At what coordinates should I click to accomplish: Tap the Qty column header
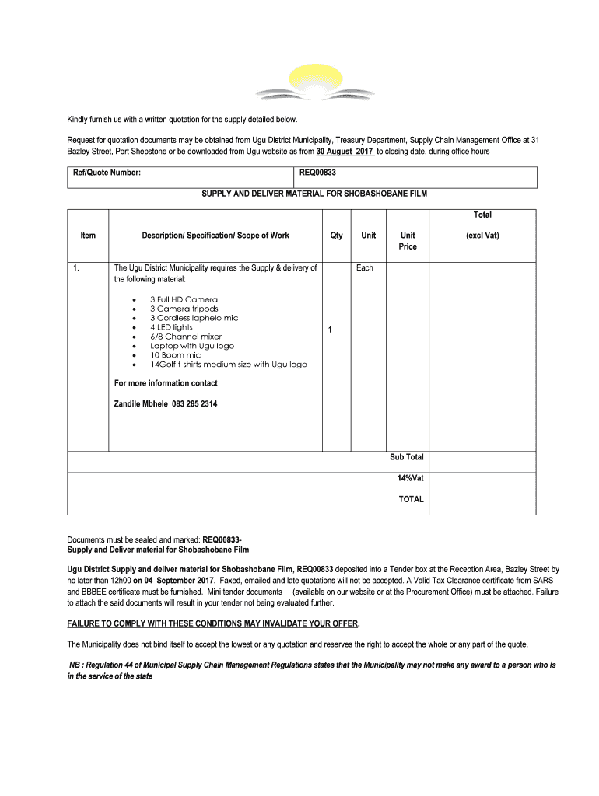336,236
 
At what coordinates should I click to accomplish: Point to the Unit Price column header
408,241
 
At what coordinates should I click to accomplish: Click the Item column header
88,236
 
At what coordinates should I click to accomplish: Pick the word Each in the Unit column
365,268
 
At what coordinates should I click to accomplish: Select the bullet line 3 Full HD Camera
184,299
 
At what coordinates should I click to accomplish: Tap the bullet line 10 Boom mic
175,355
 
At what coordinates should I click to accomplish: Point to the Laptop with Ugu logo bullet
191,346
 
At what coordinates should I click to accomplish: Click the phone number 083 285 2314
190,404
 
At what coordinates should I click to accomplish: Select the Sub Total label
407,457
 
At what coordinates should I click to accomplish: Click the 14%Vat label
410,478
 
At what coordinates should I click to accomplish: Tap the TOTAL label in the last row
412,499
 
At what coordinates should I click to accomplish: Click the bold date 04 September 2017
178,581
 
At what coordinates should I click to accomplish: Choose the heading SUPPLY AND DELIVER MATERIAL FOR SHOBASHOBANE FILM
314,194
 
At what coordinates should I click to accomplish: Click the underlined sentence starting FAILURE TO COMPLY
213,624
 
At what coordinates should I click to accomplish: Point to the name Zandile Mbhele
135,404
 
